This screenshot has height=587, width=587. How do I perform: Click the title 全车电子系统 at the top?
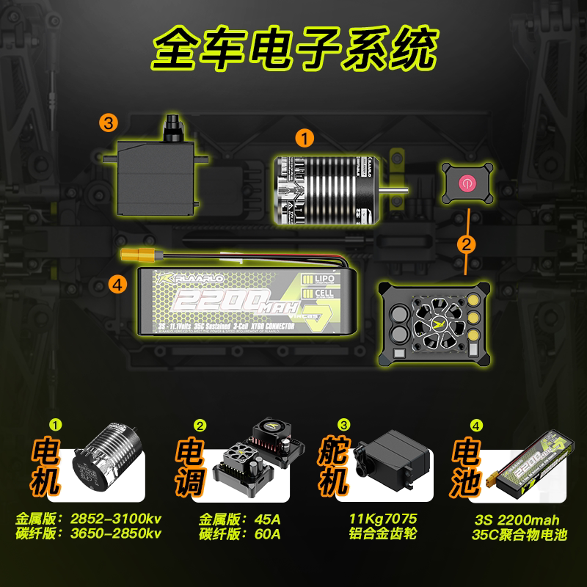[x=293, y=47]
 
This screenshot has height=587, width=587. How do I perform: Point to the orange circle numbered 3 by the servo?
[x=109, y=123]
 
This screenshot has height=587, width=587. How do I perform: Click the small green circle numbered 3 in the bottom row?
[x=343, y=425]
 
